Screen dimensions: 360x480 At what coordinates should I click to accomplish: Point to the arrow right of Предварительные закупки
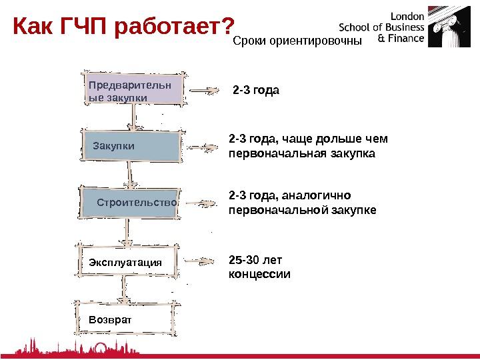tap(203, 91)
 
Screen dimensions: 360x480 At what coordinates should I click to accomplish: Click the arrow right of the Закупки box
tap(201, 146)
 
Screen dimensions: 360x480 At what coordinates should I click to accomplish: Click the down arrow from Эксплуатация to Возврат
tap(123, 290)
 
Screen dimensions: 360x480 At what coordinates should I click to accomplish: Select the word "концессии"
tap(259, 274)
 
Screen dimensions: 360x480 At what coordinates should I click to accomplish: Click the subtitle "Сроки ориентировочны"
tap(297, 42)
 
